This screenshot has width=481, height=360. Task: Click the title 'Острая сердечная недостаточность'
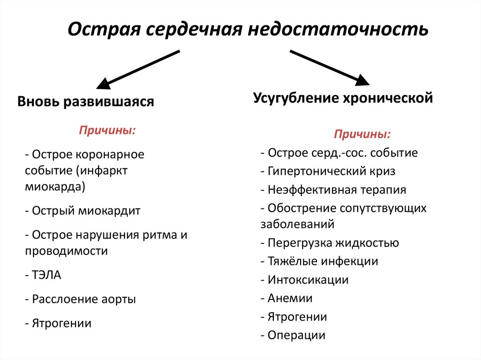click(x=248, y=29)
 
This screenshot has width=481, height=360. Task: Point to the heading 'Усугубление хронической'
click(x=342, y=98)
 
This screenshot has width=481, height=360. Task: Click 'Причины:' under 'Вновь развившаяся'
click(x=108, y=130)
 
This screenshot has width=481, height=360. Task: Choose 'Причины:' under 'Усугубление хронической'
click(x=362, y=135)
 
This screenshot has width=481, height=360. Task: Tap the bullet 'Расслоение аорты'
click(x=80, y=299)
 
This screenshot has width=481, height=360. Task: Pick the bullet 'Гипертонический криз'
click(x=328, y=171)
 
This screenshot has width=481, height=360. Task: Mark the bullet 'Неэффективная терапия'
click(x=333, y=190)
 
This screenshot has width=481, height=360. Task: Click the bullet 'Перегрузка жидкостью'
click(x=330, y=243)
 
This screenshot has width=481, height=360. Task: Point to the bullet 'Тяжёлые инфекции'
click(x=319, y=261)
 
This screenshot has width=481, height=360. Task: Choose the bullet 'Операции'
click(x=293, y=335)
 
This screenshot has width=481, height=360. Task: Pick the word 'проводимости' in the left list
click(x=67, y=251)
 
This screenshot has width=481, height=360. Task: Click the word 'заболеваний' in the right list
click(x=297, y=224)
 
